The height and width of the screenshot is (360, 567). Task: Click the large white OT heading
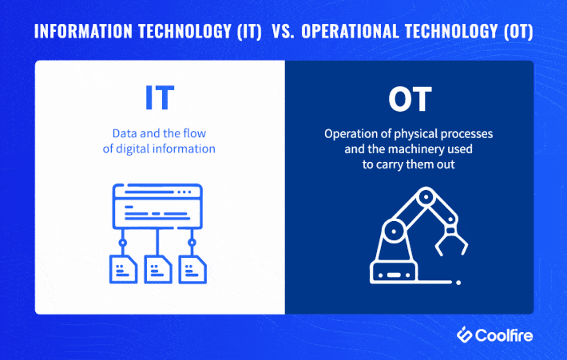coord(409,100)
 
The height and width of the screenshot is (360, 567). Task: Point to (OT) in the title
coord(515,34)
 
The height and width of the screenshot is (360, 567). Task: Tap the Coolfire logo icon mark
coord(466,335)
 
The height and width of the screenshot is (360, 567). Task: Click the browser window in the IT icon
coord(158,206)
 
